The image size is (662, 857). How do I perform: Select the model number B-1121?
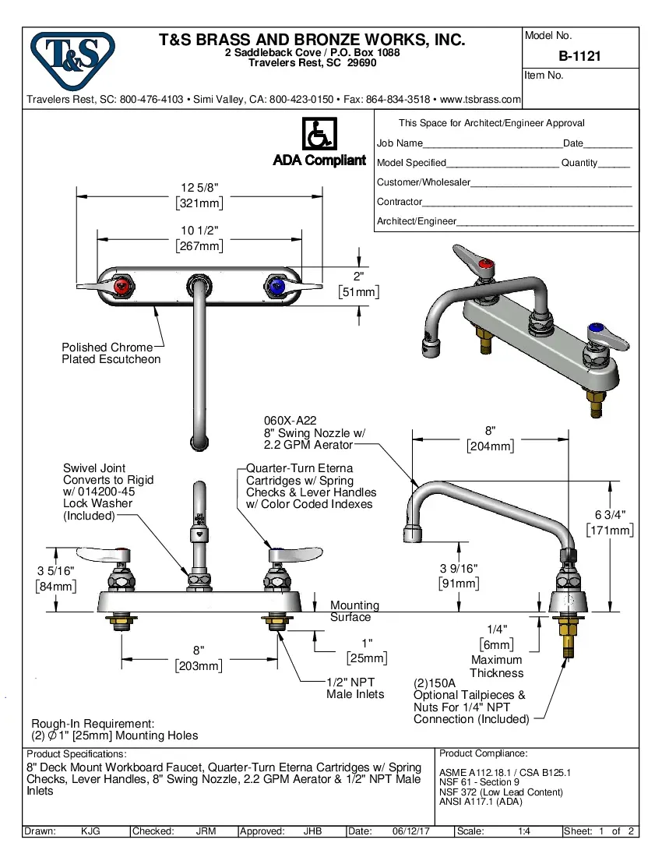pyautogui.click(x=579, y=56)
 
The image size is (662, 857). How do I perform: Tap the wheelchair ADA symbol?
pyautogui.click(x=319, y=135)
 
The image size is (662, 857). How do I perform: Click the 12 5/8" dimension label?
pyautogui.click(x=199, y=188)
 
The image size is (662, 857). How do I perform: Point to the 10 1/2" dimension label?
pyautogui.click(x=199, y=231)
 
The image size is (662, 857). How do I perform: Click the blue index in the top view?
pyautogui.click(x=276, y=287)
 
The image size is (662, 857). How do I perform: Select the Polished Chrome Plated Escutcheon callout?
pyautogui.click(x=111, y=353)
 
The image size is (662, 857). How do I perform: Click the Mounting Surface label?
pyautogui.click(x=354, y=611)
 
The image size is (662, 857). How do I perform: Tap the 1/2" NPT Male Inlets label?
pyautogui.click(x=355, y=688)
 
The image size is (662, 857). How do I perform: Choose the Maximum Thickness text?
pyautogui.click(x=496, y=666)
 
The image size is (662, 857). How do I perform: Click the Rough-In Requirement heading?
pyautogui.click(x=93, y=723)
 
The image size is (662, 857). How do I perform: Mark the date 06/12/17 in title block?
pyautogui.click(x=412, y=831)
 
